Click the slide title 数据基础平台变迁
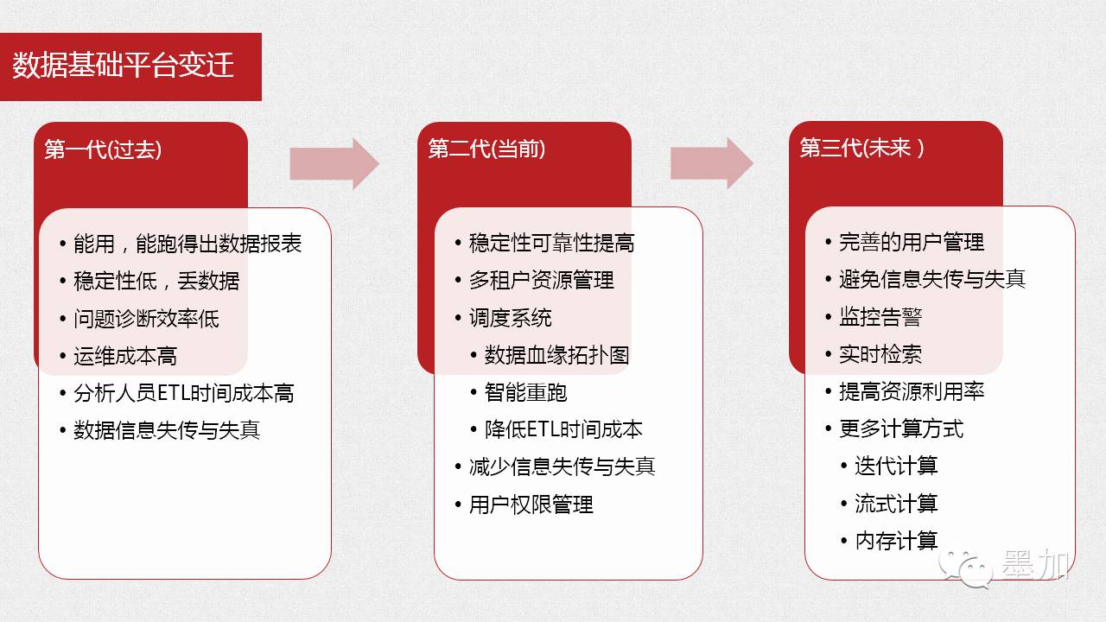pos(124,67)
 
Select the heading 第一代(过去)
pos(103,149)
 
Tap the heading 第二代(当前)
pos(486,149)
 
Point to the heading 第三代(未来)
pos(861,149)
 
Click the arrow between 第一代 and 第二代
pos(334,162)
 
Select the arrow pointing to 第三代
pos(711,162)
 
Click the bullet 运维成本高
pos(125,356)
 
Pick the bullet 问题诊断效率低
pos(146,319)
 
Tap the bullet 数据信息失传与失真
pos(167,430)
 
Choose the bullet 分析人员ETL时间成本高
pos(183,393)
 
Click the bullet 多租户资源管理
pos(542,281)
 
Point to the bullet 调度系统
pos(511,318)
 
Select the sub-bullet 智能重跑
pos(526,392)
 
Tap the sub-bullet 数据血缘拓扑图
pos(557,355)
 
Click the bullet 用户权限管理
pos(531,505)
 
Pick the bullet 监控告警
pos(880,317)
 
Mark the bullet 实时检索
pos(880,354)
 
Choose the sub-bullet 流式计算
pos(896,504)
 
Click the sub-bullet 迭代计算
pos(896,466)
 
